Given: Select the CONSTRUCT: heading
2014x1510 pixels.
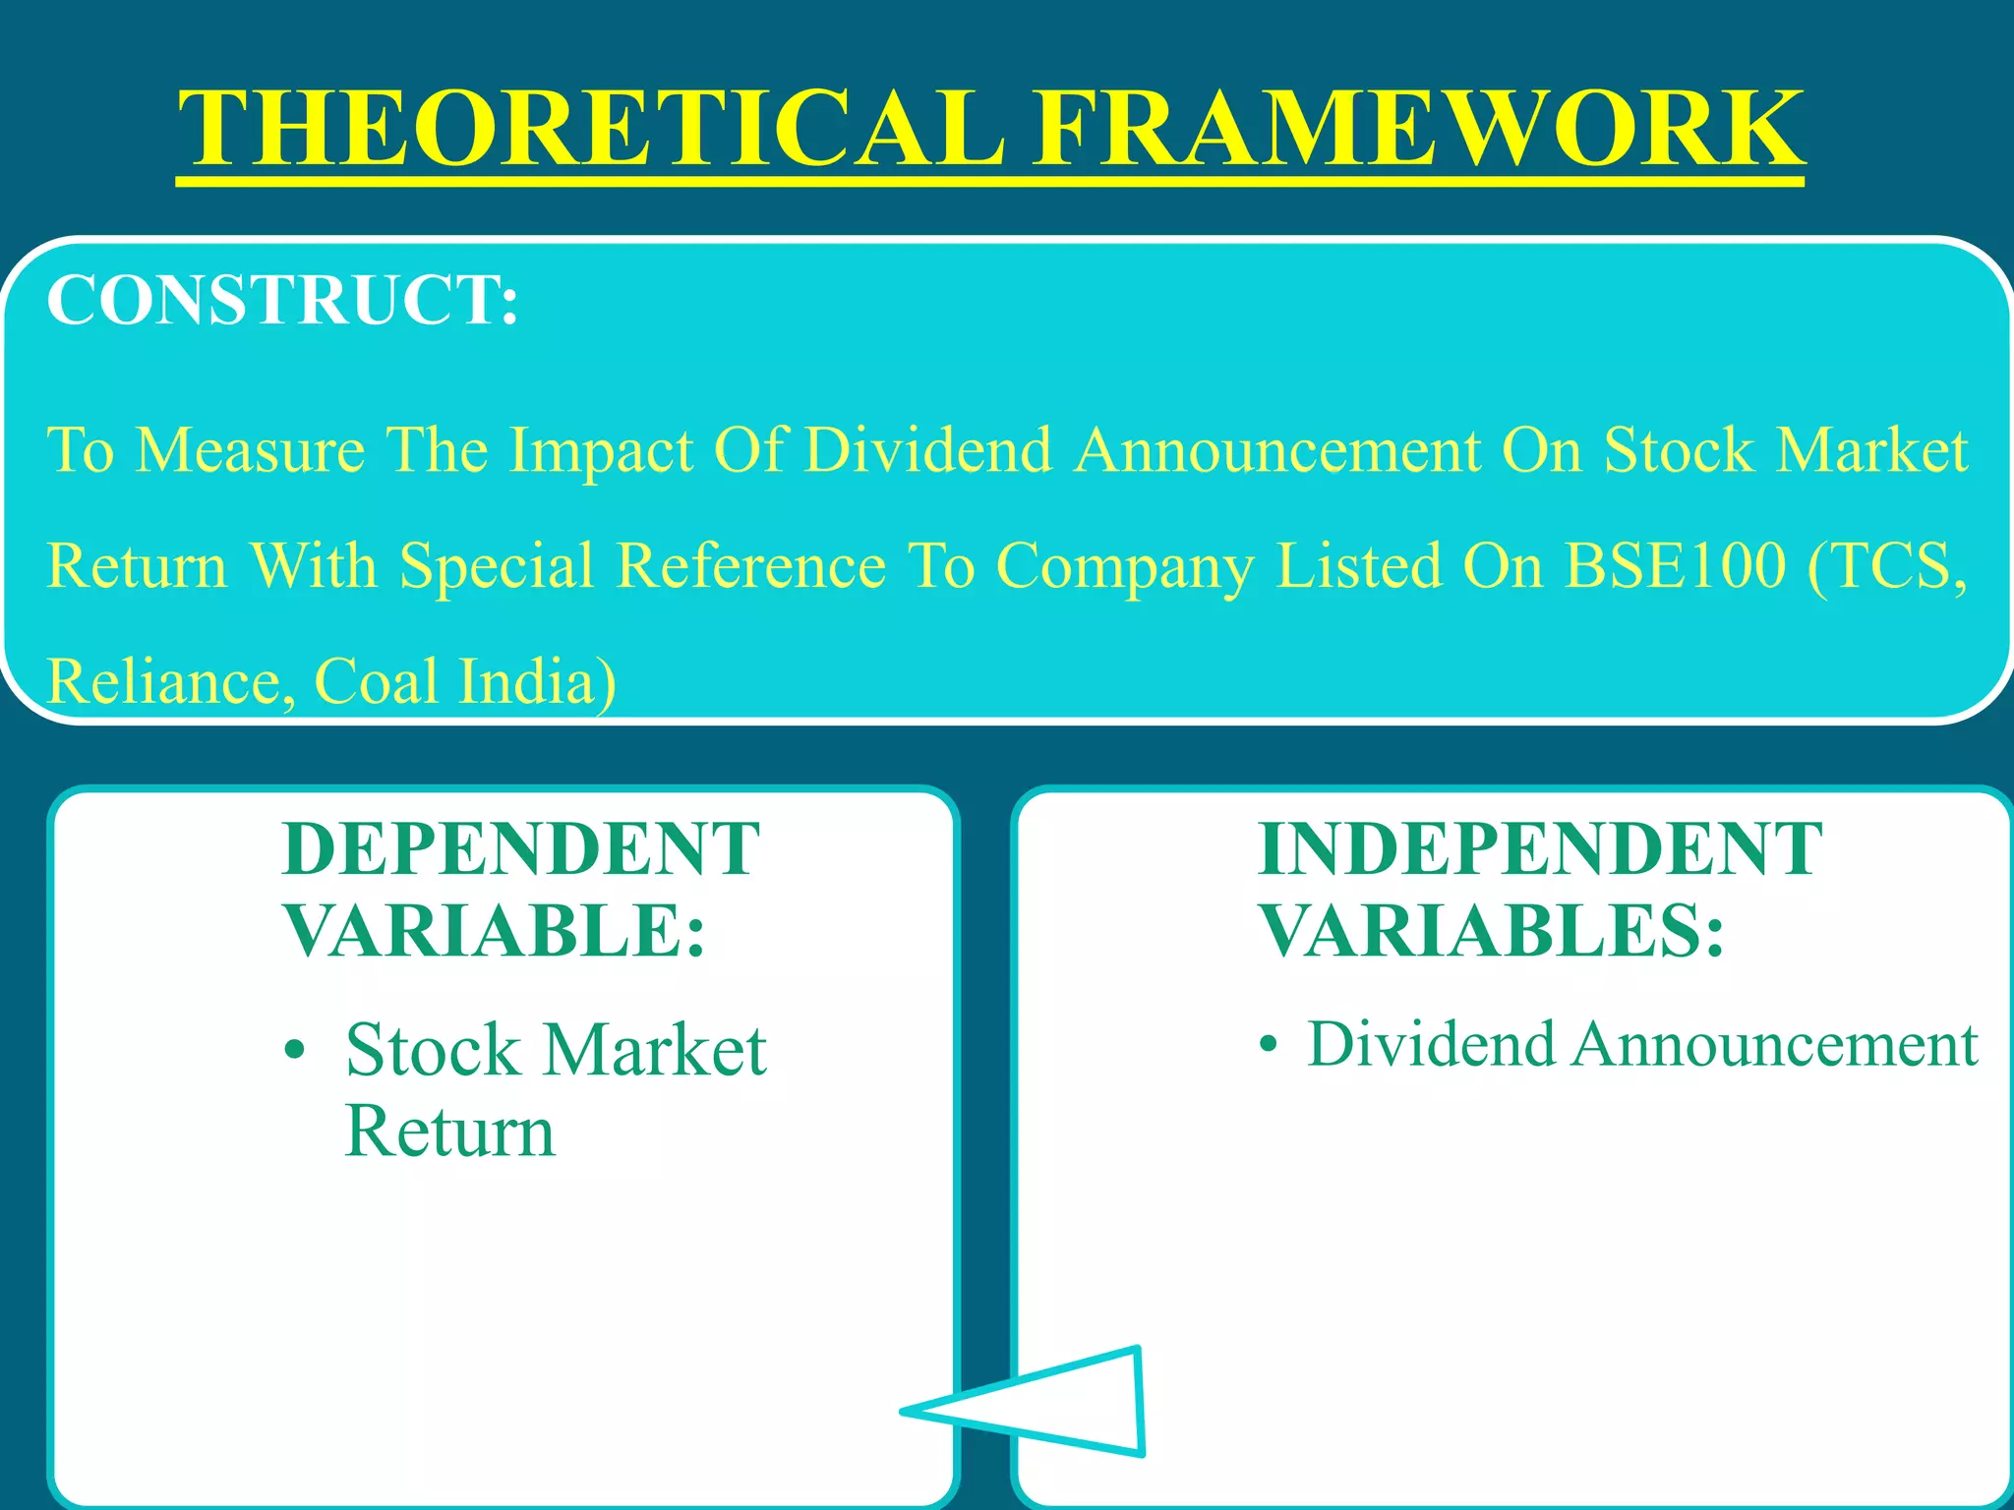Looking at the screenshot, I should (x=282, y=300).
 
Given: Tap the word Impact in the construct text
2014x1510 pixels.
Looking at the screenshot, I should (x=601, y=451).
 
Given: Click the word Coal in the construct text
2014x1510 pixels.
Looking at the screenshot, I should (x=376, y=680).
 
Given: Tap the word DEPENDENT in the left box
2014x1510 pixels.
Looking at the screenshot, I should (x=520, y=849).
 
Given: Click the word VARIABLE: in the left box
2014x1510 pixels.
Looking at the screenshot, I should (x=495, y=931).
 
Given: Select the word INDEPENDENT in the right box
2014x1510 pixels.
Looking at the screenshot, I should (x=1540, y=849).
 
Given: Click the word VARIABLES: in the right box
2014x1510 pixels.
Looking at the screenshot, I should (x=1492, y=931).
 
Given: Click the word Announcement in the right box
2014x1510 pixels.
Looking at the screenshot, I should (x=1774, y=1044).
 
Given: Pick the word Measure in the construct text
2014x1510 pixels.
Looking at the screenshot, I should (x=250, y=451).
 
